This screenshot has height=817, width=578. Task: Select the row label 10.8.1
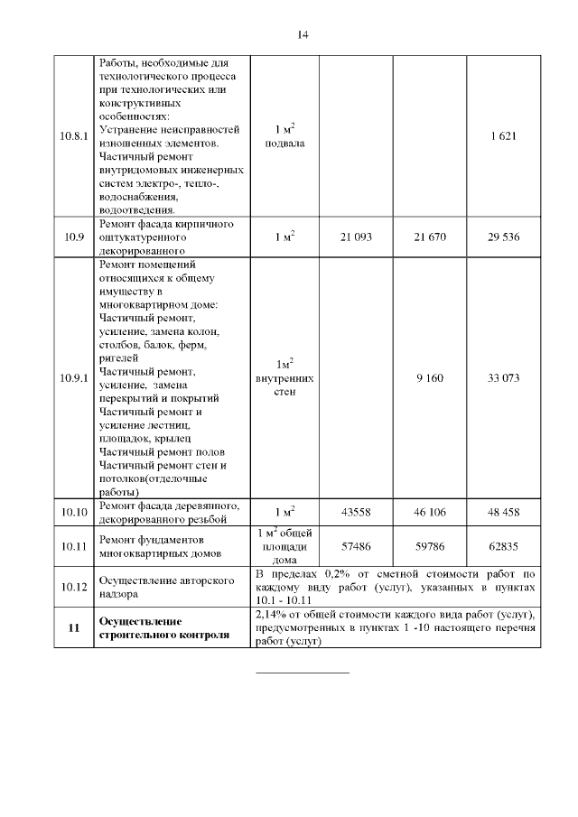(x=74, y=136)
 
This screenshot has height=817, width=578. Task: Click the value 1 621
(x=502, y=136)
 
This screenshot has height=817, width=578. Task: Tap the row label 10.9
(x=74, y=237)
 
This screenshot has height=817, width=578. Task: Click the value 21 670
(x=429, y=237)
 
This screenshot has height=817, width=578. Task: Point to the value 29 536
(x=502, y=237)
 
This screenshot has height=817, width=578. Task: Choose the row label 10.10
(x=74, y=512)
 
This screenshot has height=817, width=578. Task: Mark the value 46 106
(x=429, y=512)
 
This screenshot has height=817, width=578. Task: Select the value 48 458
(x=502, y=512)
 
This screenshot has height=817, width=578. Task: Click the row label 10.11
(x=74, y=546)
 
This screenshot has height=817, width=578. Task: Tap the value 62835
(x=502, y=546)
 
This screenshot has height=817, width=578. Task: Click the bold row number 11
(x=74, y=627)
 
